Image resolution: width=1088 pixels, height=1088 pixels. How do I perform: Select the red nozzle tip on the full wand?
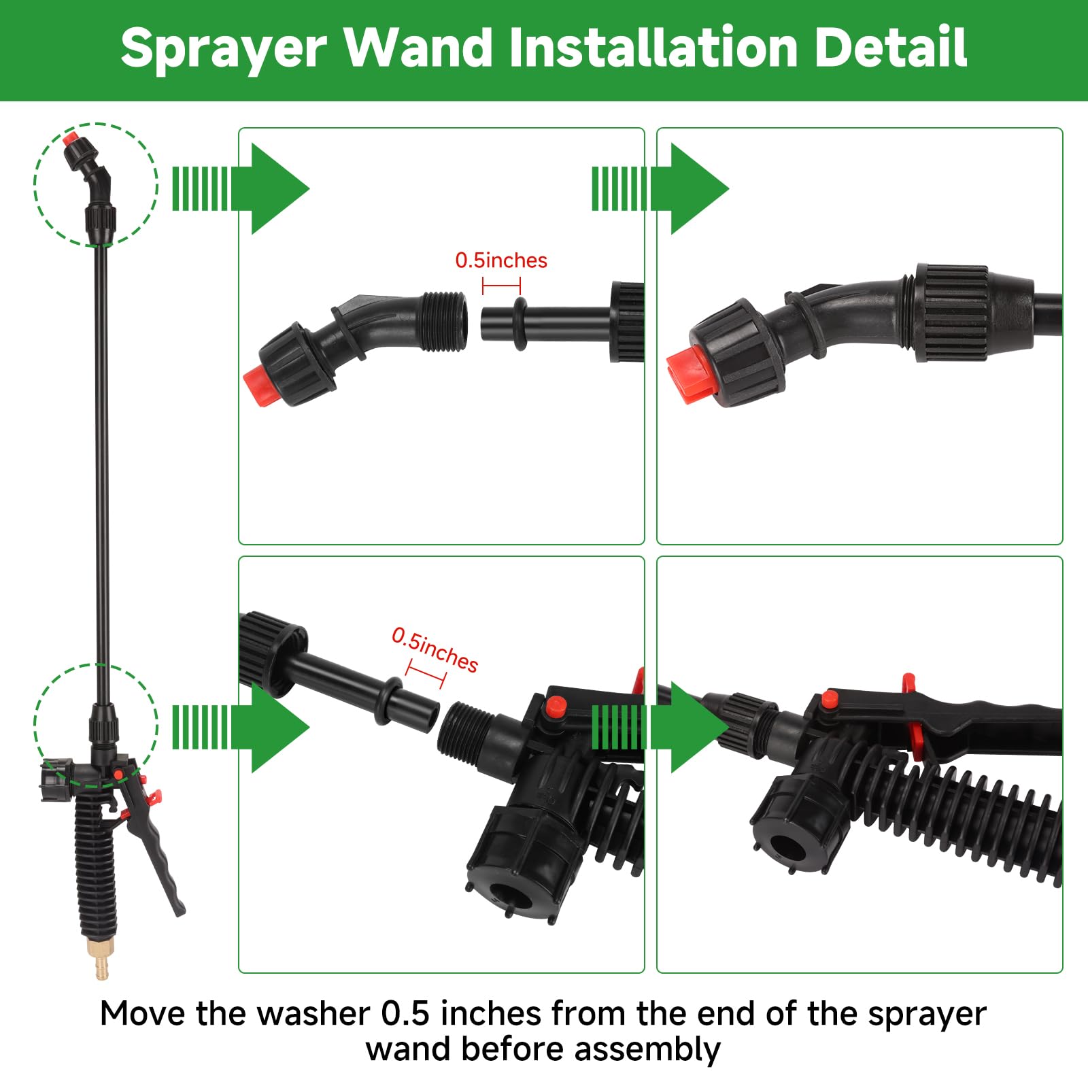[x=69, y=140]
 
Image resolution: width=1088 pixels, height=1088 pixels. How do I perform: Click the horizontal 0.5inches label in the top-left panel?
[x=501, y=260]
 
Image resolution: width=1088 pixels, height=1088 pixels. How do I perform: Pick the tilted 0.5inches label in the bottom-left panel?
[x=435, y=650]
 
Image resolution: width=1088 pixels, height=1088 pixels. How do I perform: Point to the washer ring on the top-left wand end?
[x=520, y=323]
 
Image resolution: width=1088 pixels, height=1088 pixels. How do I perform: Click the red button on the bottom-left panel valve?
[x=556, y=707]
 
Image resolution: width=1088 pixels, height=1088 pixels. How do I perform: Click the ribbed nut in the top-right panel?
[x=951, y=313]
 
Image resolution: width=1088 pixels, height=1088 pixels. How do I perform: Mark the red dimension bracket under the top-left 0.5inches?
[x=501, y=286]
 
